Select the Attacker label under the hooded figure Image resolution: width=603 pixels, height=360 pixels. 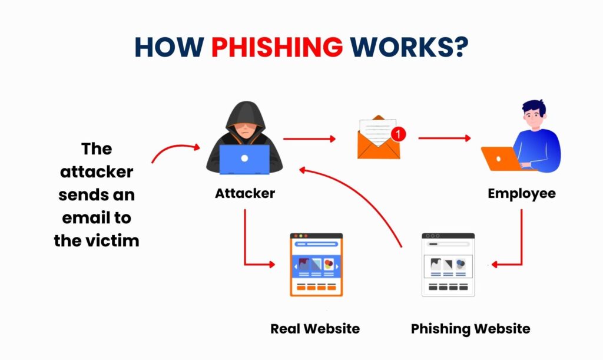click(x=245, y=193)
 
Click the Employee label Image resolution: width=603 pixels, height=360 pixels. click(x=522, y=193)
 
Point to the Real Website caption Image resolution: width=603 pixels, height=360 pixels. click(x=315, y=328)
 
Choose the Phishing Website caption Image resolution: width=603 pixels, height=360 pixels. click(x=471, y=328)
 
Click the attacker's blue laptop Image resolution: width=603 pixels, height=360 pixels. click(x=244, y=158)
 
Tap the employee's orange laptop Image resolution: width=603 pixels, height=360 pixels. click(x=498, y=158)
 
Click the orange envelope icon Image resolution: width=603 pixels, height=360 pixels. click(x=377, y=141)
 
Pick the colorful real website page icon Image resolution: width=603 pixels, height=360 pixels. click(x=316, y=265)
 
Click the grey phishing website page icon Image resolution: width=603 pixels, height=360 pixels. click(x=448, y=265)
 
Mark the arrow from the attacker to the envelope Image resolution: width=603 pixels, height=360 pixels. click(x=309, y=139)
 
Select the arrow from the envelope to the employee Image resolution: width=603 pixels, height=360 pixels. click(x=445, y=139)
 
